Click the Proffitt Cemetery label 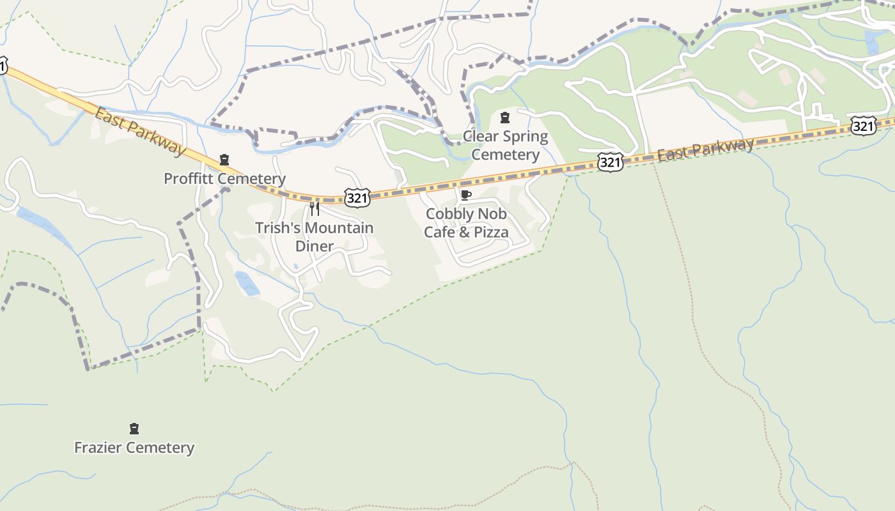224,179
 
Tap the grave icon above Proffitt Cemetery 224,160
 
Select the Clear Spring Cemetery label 505,146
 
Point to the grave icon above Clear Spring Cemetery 505,118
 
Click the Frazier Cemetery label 134,448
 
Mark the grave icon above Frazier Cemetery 134,429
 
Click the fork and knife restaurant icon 315,209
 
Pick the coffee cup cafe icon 465,195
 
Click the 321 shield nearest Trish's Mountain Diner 357,198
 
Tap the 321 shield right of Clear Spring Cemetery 610,163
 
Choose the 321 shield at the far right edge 863,126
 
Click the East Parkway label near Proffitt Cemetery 139,132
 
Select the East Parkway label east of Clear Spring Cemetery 706,150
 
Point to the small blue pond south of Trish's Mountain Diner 247,284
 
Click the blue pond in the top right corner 871,42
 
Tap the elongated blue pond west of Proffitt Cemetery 43,227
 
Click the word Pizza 489,232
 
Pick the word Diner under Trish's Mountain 314,247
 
